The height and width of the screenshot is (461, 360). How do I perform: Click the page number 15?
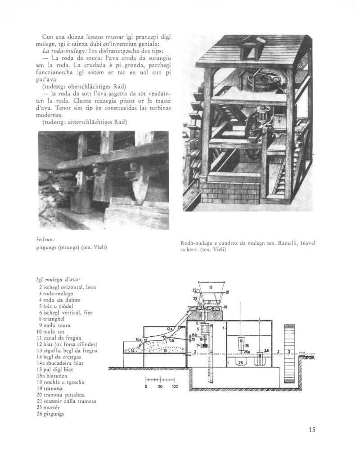[312, 429]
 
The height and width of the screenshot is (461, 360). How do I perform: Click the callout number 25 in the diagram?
[241, 362]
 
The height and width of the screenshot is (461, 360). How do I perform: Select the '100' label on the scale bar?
[175, 387]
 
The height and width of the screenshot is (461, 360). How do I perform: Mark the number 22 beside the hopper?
[195, 290]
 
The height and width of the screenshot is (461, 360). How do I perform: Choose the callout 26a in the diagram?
[247, 352]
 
